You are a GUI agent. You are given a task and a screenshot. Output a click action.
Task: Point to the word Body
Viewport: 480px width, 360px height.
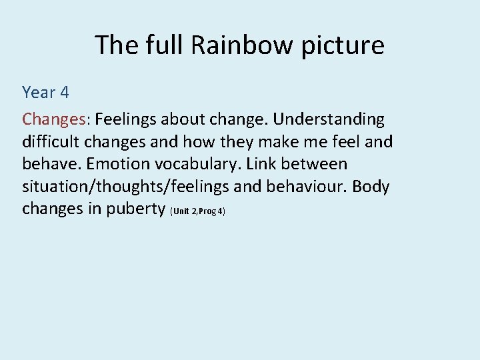pos(370,187)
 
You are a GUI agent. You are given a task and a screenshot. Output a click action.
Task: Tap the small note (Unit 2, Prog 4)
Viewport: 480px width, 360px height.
pos(198,211)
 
